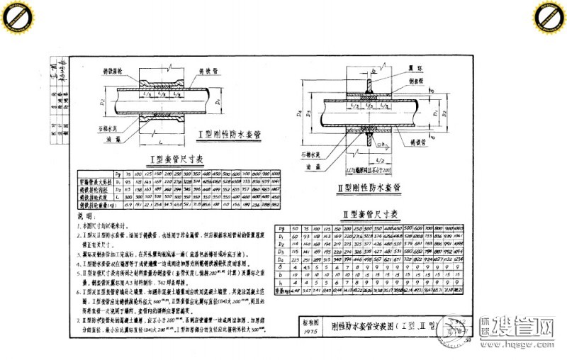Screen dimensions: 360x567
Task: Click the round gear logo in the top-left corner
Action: pos(16,16)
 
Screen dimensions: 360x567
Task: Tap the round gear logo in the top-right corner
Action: pos(550,16)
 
